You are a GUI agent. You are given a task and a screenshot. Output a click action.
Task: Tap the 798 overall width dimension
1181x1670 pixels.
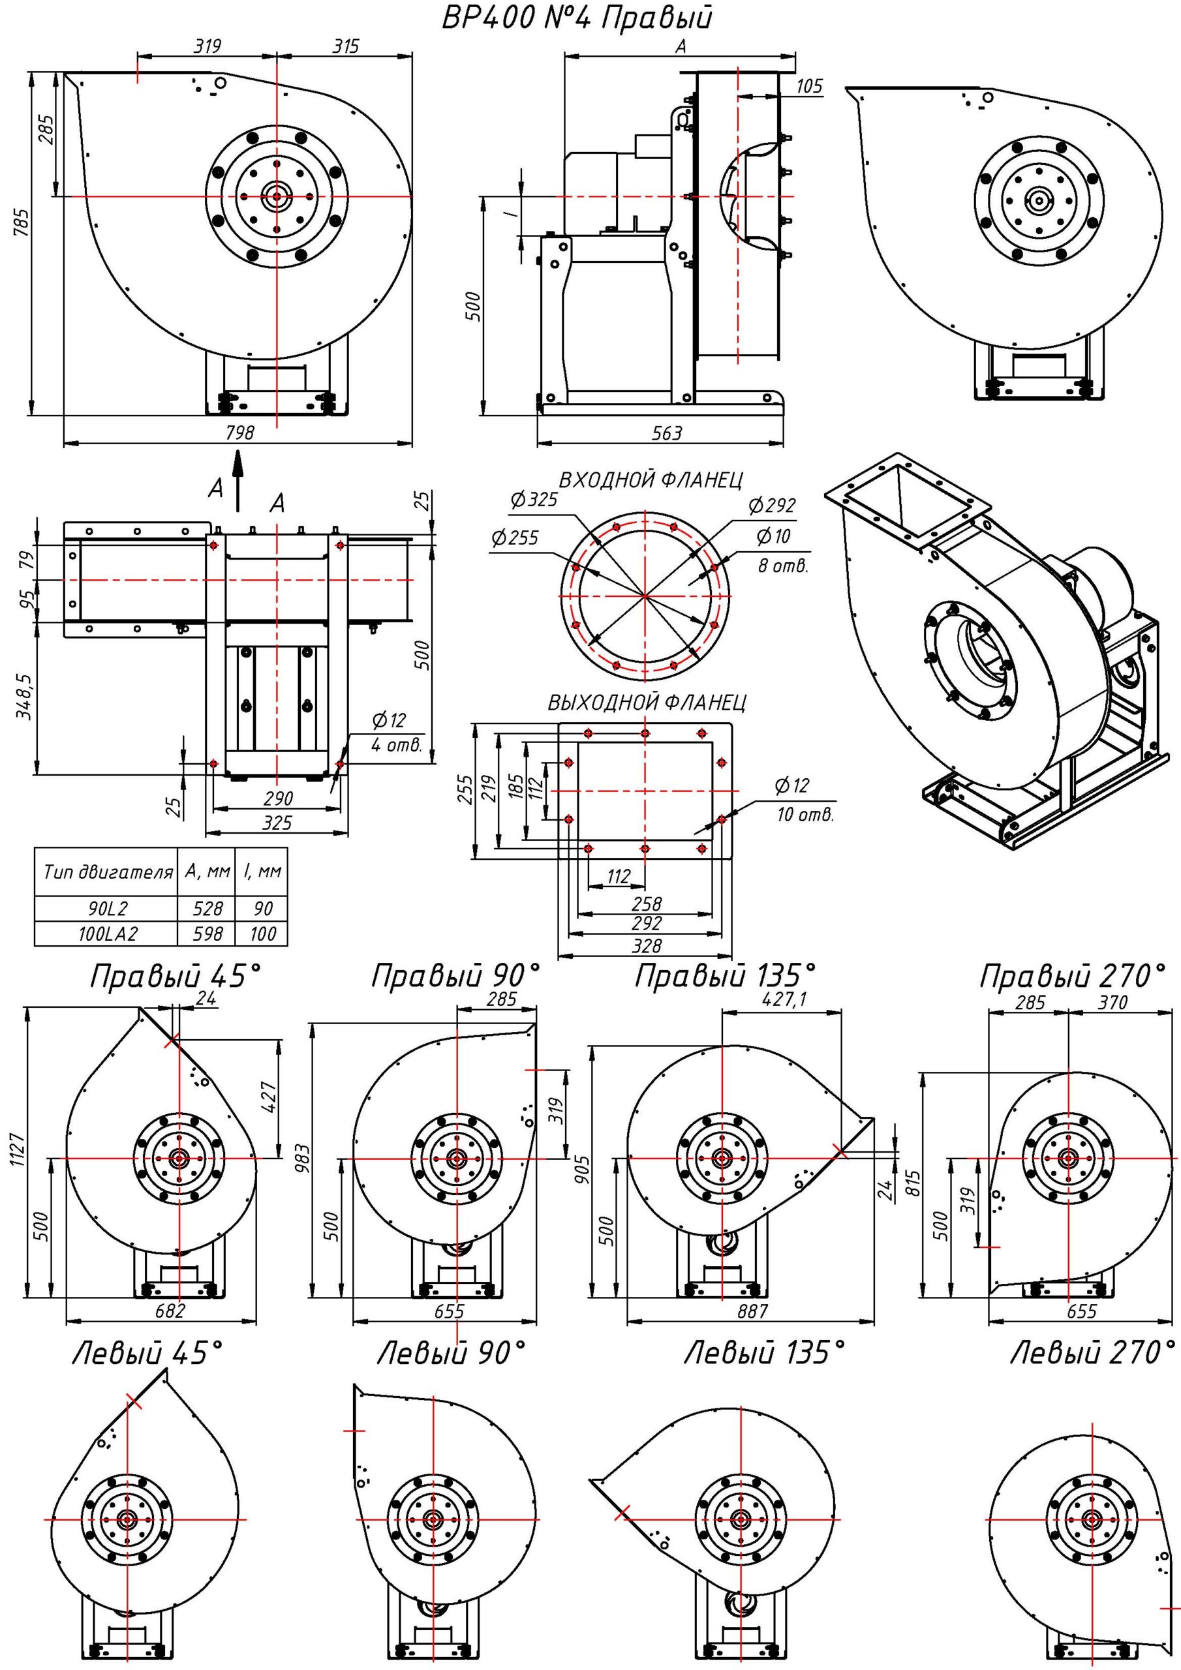coord(240,434)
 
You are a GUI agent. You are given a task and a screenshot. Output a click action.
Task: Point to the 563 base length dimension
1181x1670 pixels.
coord(667,434)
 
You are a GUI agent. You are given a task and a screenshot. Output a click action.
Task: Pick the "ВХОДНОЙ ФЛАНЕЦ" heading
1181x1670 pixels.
coord(651,480)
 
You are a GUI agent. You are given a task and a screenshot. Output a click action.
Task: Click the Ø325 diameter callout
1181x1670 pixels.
coord(534,500)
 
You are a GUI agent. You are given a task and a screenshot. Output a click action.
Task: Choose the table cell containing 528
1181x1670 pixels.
coord(207,909)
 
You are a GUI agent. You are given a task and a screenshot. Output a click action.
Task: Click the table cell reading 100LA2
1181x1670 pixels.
coord(107,934)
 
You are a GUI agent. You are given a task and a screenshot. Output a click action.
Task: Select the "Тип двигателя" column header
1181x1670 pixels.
coord(108,872)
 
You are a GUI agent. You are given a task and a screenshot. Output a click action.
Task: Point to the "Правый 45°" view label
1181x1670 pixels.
coord(175,977)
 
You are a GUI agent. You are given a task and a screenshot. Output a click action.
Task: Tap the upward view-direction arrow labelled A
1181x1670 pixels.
coord(238,480)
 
